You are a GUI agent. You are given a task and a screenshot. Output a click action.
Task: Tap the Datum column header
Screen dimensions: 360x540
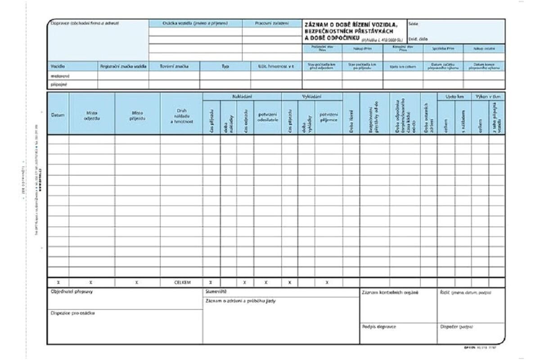[x=58, y=115]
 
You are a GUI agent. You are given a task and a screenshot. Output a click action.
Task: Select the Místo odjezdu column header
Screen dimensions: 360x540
[x=91, y=115]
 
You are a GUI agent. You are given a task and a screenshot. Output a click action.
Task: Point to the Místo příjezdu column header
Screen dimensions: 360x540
[x=137, y=115]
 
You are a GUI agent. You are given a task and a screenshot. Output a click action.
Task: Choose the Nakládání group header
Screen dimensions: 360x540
[x=242, y=96]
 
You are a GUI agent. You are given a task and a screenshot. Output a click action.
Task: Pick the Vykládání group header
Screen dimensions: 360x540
[x=311, y=96]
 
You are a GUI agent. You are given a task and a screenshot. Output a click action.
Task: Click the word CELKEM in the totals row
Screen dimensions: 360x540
[x=181, y=283]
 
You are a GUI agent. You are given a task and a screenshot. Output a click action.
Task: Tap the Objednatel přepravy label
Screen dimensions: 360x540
[x=72, y=292]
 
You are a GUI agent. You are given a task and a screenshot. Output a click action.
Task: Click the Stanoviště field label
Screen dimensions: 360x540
[x=213, y=292]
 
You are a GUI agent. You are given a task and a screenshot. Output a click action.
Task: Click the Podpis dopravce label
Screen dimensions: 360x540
[x=379, y=327]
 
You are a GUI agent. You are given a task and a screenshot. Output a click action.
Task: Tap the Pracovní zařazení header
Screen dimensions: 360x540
[x=271, y=22]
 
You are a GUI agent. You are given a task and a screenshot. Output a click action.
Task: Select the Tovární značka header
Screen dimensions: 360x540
[x=174, y=66]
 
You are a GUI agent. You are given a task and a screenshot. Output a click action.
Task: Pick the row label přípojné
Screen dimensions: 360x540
[x=58, y=84]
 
